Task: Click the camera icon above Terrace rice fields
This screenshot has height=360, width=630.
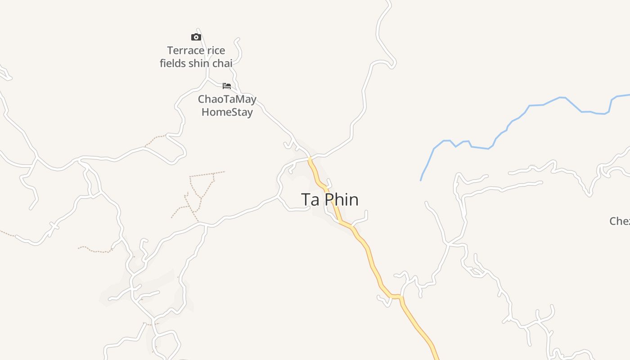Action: (196, 37)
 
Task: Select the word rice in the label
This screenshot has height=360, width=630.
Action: (215, 50)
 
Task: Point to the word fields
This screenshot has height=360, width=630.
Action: (173, 63)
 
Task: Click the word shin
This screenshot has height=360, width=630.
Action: (199, 63)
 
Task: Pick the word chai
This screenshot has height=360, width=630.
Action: (222, 63)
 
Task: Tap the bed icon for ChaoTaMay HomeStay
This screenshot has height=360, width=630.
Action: (227, 86)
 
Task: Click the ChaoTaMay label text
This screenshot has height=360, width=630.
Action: (227, 99)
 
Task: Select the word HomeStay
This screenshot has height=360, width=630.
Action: (227, 112)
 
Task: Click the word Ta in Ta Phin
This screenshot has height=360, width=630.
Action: (310, 200)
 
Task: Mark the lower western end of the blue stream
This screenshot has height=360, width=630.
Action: (421, 180)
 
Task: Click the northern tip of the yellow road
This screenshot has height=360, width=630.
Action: (310, 159)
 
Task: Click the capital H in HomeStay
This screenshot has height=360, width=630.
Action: (205, 112)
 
